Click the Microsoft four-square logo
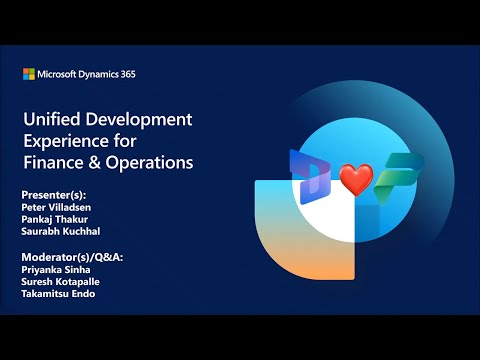point(28,74)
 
